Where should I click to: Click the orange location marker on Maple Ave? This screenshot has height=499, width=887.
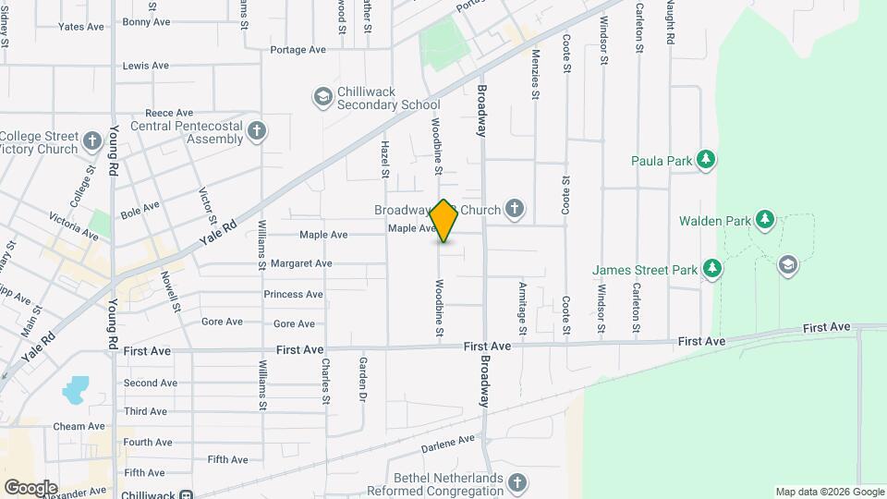click(x=444, y=221)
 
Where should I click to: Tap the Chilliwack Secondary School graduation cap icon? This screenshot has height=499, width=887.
click(x=322, y=96)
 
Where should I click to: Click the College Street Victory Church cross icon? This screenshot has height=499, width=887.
click(x=91, y=141)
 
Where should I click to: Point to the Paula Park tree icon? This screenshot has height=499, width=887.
click(x=707, y=161)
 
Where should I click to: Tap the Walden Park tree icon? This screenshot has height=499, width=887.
click(x=764, y=220)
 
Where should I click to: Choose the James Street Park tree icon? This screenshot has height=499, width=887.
click(x=711, y=270)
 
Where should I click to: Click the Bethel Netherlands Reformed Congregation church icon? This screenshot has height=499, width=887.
click(x=517, y=482)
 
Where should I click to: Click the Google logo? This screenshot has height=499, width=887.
click(x=30, y=487)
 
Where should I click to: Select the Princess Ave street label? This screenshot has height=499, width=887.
click(x=293, y=295)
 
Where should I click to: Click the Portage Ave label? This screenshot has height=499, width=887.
click(x=298, y=50)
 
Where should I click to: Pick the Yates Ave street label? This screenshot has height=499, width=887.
click(x=81, y=27)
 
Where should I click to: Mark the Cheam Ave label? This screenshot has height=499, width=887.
click(x=79, y=427)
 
